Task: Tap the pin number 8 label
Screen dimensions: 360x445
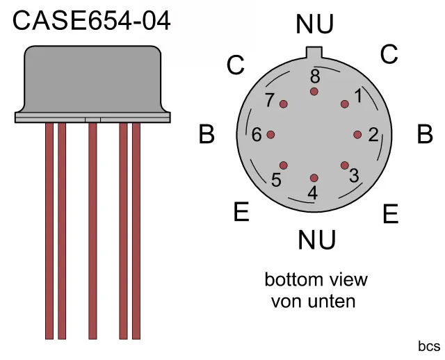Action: (x=314, y=76)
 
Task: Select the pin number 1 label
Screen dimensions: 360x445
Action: (x=358, y=95)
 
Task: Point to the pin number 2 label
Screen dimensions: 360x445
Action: (x=373, y=135)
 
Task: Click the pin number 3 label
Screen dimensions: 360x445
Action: (x=354, y=175)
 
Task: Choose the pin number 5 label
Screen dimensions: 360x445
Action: (x=276, y=180)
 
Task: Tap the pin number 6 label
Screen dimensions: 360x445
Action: (x=257, y=135)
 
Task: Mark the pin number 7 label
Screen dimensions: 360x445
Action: (x=270, y=100)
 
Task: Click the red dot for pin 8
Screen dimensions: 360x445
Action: (x=314, y=91)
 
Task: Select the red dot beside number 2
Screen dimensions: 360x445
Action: (x=357, y=135)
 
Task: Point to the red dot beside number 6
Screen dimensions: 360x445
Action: (x=270, y=135)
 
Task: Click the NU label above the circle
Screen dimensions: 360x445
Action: (x=314, y=24)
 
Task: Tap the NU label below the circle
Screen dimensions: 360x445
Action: (x=317, y=240)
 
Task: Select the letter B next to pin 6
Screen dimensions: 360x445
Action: (x=207, y=134)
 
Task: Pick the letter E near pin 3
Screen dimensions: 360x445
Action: (x=391, y=214)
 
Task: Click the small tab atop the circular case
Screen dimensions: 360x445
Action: (x=314, y=52)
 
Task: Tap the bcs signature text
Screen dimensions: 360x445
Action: (x=429, y=346)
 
